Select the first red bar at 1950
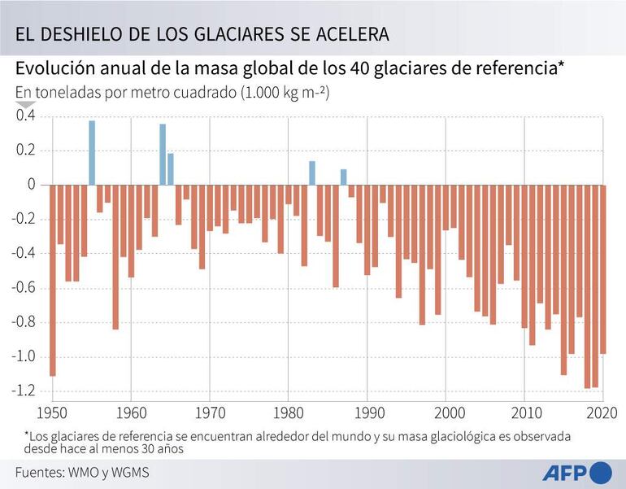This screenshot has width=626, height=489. [53, 280]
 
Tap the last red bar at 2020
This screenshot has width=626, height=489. [603, 269]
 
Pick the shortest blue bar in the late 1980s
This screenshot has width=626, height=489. [344, 177]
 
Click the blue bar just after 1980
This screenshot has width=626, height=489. [312, 172]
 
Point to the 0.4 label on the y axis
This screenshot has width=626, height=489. [26, 116]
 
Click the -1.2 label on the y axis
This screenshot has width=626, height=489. [24, 391]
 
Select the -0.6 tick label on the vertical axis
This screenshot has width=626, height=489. [24, 287]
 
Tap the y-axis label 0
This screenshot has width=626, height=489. [32, 185]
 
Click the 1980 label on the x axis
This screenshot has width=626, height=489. [289, 412]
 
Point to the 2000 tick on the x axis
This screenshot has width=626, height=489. [446, 412]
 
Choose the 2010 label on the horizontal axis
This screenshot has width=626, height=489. [525, 412]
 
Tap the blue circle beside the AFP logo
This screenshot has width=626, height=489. [600, 472]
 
